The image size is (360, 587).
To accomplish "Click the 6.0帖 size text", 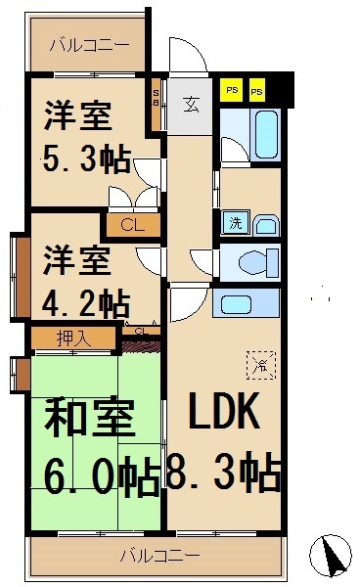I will (x=101, y=477).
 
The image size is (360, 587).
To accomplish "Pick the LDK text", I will (x=224, y=415).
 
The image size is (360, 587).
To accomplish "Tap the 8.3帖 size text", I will (x=224, y=474).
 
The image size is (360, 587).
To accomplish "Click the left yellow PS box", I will (x=232, y=91).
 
